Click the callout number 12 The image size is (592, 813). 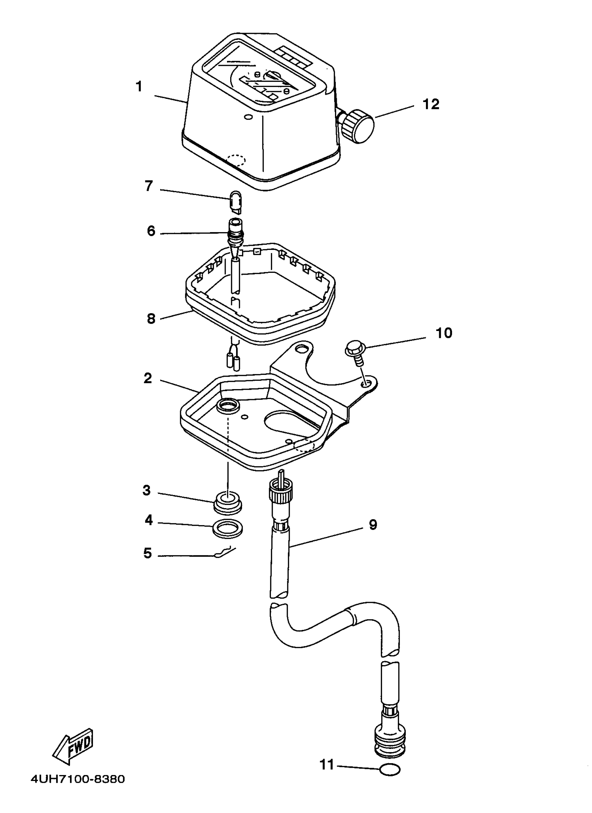point(431,104)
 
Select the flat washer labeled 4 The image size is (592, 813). point(228,528)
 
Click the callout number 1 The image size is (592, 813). point(139,87)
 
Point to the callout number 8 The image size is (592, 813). point(151,319)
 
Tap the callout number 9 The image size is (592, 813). point(373,525)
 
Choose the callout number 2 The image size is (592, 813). point(148,378)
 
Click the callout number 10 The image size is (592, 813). point(444,333)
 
